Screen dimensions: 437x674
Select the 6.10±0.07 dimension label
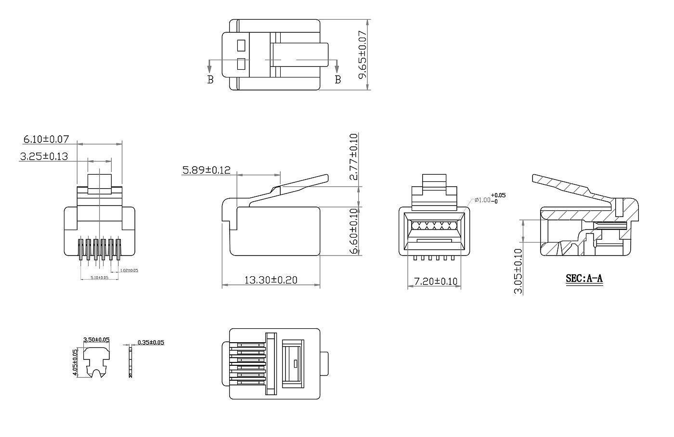(46, 139)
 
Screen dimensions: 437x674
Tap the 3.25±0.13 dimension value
(44, 156)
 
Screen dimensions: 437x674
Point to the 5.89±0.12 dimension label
(206, 170)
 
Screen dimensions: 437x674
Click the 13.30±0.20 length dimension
(271, 280)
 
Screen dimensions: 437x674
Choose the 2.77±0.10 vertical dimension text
(354, 157)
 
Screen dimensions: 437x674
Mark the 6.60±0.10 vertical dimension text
(354, 231)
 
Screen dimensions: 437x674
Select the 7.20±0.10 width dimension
(432, 281)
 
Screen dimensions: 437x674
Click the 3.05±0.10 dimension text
(518, 270)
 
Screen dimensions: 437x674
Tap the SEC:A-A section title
(584, 278)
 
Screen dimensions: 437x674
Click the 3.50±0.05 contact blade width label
(96, 340)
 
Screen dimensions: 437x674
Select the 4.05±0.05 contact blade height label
(75, 363)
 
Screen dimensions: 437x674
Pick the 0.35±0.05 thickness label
(151, 343)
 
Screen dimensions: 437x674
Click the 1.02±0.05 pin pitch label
(129, 270)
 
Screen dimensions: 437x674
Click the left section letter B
(210, 80)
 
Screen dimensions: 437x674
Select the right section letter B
(337, 80)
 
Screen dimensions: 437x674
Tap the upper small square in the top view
(242, 46)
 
